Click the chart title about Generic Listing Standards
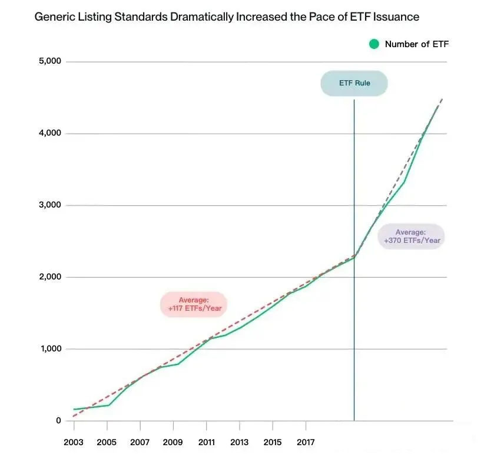(227, 17)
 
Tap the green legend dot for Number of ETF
(374, 44)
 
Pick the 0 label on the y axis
(58, 420)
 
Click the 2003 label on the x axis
(74, 442)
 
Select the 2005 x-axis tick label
(107, 442)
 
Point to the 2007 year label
(140, 442)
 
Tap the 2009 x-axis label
(173, 442)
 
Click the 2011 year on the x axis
(206, 442)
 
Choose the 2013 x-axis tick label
(239, 442)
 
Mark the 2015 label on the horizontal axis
(273, 442)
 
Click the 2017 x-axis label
(306, 442)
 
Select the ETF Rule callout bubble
(354, 83)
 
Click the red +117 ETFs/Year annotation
(194, 304)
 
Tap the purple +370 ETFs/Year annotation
(411, 236)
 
